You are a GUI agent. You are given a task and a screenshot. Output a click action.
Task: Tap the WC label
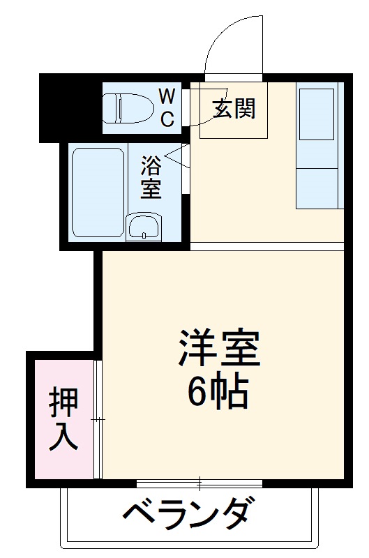point(167,107)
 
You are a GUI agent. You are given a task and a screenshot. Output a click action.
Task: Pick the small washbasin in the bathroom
point(144,227)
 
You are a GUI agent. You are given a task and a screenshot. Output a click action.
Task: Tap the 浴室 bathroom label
point(151,178)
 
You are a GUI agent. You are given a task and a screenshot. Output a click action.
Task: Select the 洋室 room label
point(218,349)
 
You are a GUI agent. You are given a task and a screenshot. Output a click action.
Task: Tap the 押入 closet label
point(63,419)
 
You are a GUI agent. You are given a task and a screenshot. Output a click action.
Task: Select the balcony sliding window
point(200,483)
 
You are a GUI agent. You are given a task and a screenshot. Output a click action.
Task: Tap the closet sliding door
point(98,419)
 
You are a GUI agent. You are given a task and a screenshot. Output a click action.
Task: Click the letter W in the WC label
point(167,95)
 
